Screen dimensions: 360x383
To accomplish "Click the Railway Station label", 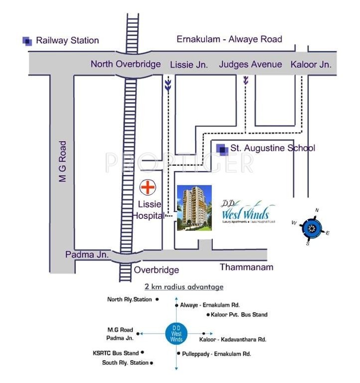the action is click(67, 40).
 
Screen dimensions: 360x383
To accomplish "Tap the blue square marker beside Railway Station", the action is click(27, 41).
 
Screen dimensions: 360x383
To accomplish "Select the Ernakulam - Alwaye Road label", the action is click(229, 39).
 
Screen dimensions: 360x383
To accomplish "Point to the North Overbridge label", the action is click(126, 64).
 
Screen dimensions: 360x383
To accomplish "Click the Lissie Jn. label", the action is click(189, 64).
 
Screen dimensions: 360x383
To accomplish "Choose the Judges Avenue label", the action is click(250, 64).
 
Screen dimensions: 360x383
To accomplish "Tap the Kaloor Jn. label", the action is click(311, 64).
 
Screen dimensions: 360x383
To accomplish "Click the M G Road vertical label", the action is click(63, 161).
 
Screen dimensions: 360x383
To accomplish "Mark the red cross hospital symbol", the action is click(147, 188).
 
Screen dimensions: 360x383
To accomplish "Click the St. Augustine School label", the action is click(272, 148).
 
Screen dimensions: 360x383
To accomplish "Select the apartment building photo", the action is click(194, 207).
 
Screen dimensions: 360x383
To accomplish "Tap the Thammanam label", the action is click(246, 267).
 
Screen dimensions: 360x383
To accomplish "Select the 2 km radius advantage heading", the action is click(183, 287).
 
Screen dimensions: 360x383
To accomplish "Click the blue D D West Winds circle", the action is click(177, 333).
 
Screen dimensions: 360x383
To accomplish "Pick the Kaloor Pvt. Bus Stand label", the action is click(239, 315).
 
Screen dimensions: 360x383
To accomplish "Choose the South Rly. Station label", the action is click(125, 363).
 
